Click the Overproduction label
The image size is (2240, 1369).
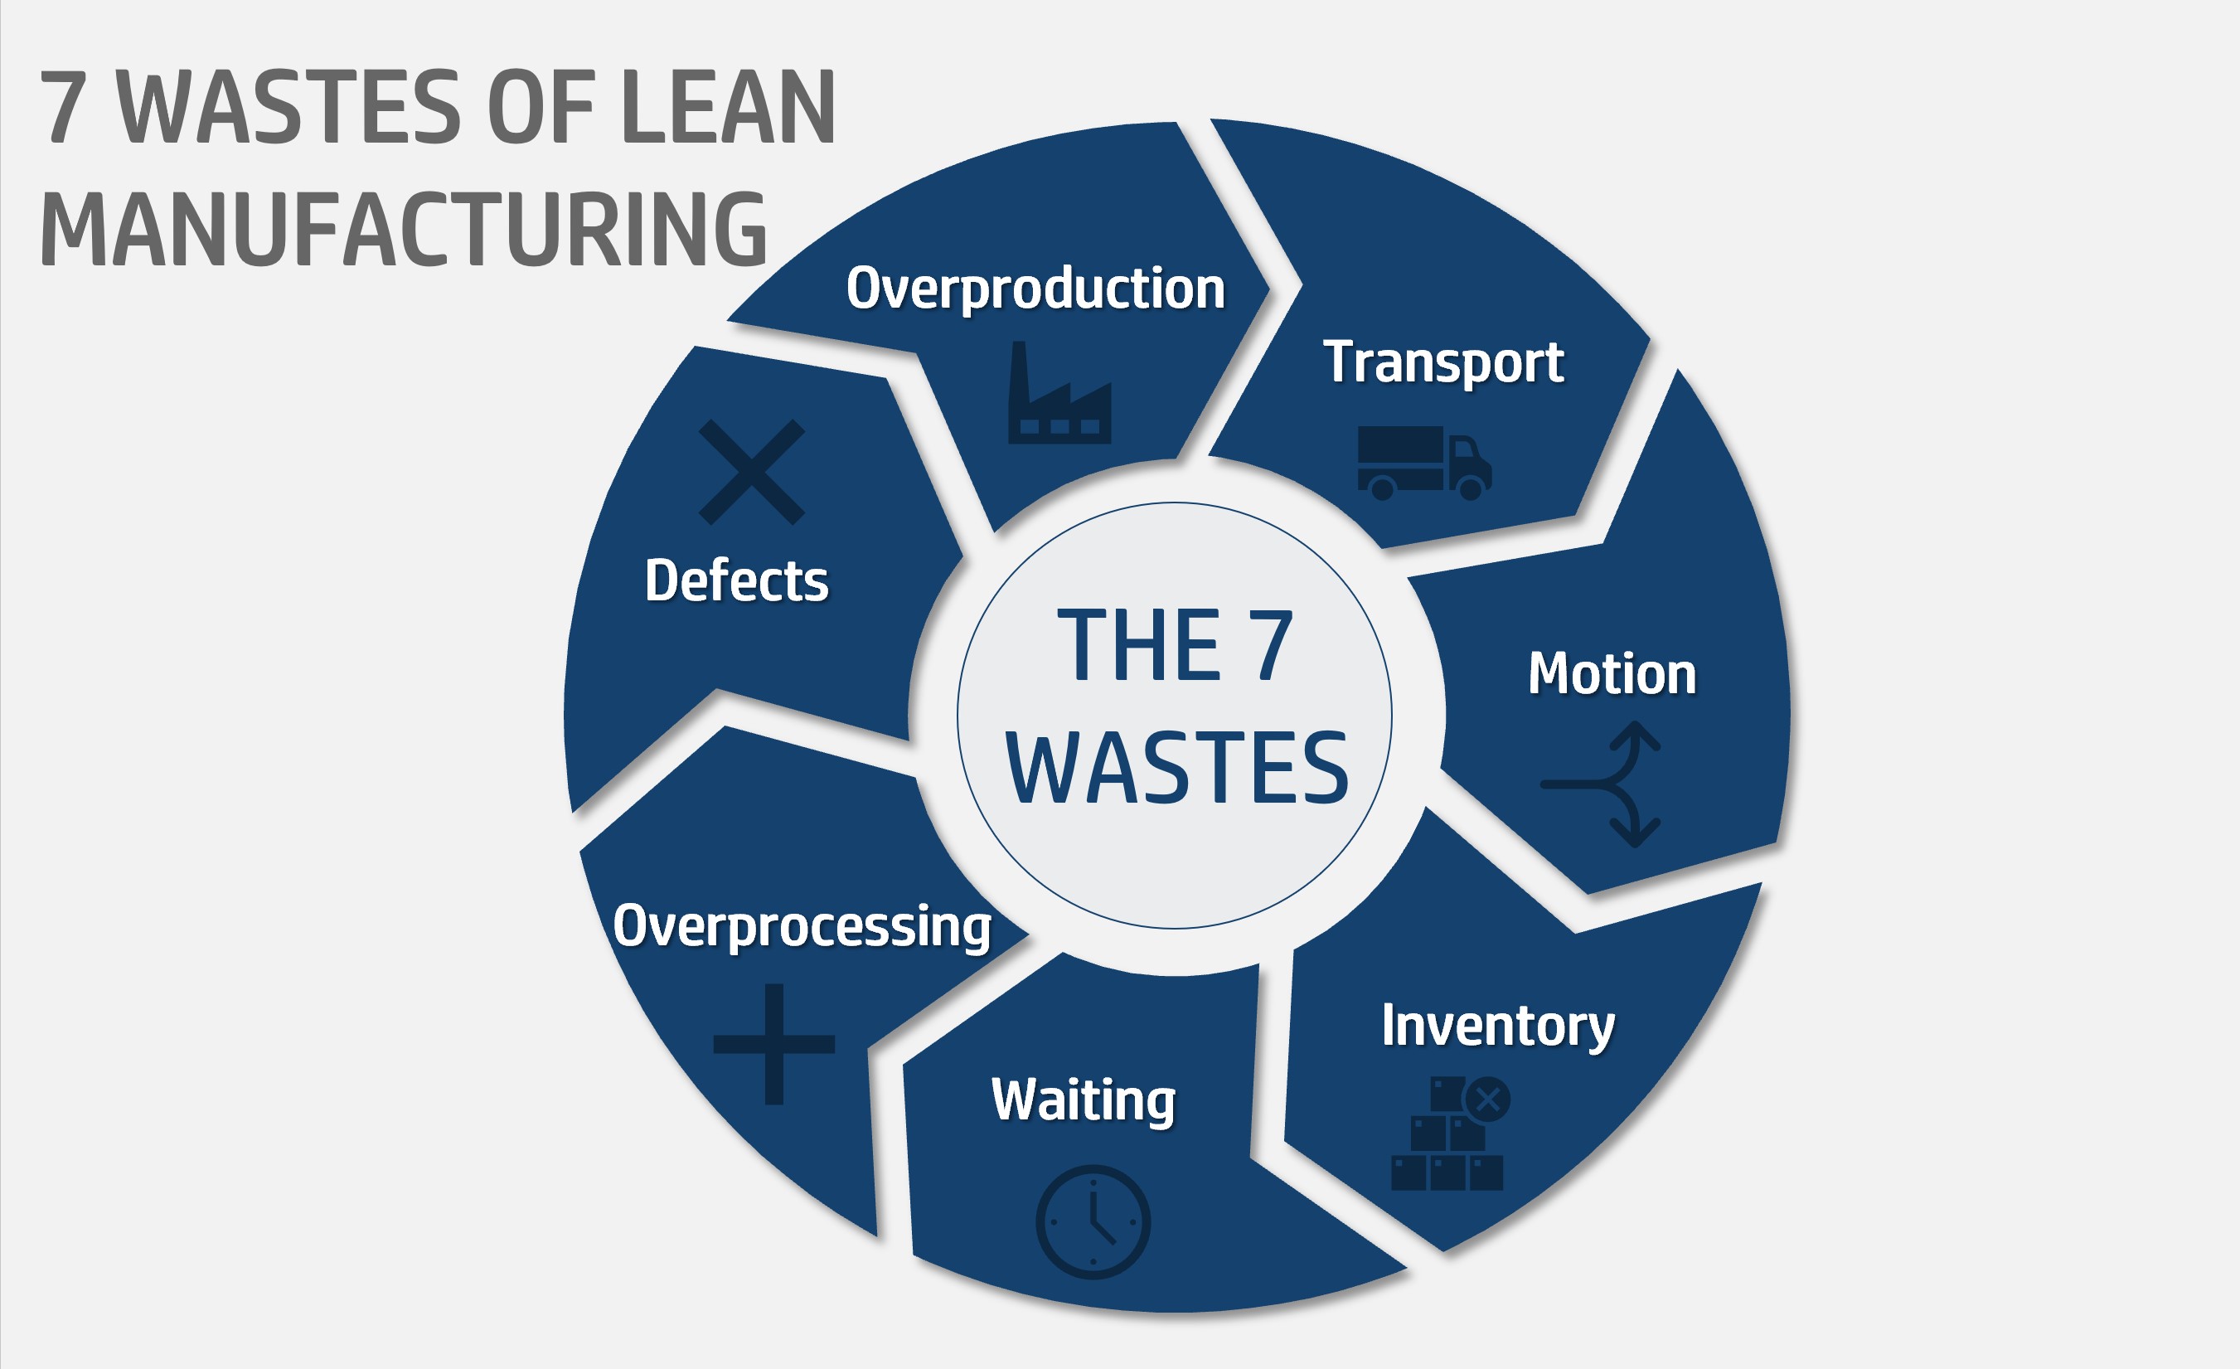point(1035,289)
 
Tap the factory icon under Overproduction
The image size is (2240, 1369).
point(1059,395)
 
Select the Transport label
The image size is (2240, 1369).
point(1442,362)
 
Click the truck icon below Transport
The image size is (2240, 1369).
point(1423,463)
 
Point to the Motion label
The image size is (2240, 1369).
point(1612,674)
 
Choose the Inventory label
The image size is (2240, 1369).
point(1497,1027)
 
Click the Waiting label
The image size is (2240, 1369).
point(1084,1100)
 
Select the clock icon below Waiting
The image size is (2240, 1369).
point(1093,1221)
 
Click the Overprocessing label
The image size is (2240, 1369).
point(802,926)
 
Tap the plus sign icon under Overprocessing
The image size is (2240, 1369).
point(773,1044)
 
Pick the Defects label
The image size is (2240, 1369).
point(736,581)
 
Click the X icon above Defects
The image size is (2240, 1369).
point(751,472)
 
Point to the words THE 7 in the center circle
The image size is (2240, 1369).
point(1175,645)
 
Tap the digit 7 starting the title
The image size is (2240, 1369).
point(64,107)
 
